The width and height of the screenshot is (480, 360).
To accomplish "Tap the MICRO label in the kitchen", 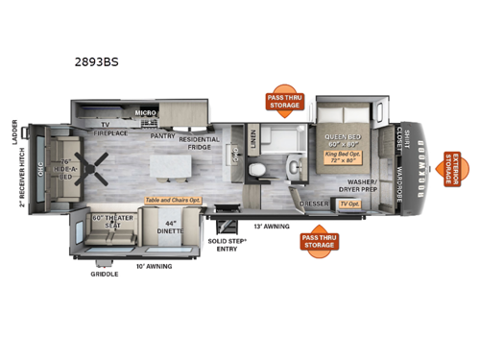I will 145,113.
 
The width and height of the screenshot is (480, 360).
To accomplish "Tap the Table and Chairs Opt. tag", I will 173,200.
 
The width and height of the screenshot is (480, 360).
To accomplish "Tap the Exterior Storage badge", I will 452,169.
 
